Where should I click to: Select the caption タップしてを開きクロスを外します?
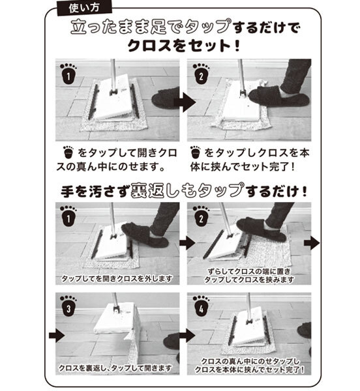[x=115, y=278]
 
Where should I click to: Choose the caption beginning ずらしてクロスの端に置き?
[x=247, y=270]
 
